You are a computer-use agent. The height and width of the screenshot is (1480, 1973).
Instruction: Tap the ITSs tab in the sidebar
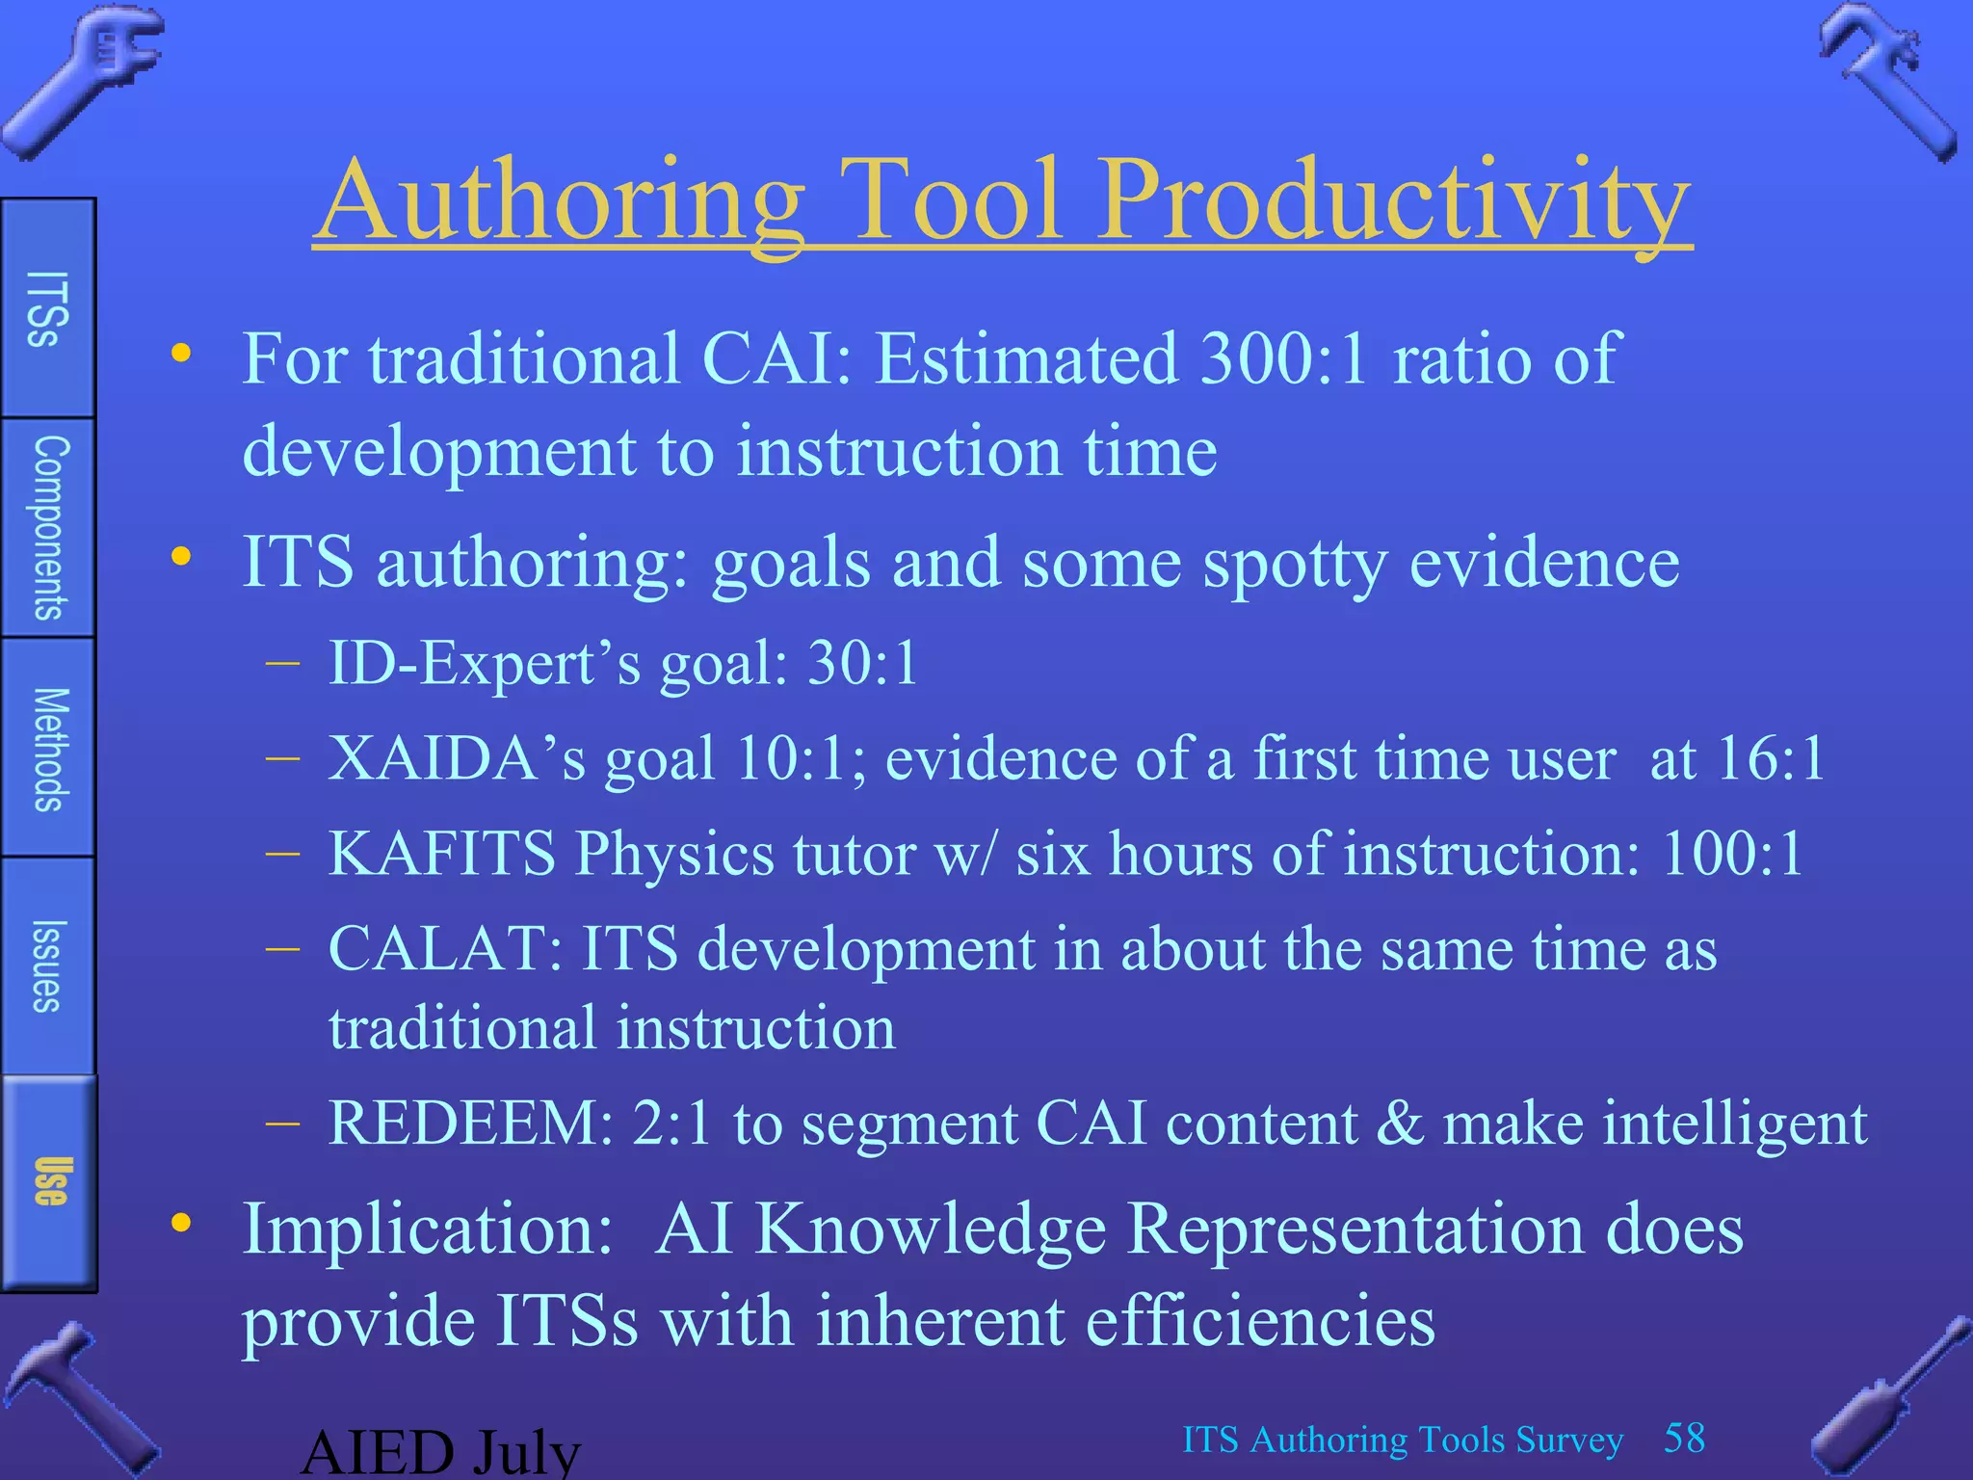[47, 307]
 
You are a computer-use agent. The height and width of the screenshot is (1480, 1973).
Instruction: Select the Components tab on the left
[49, 527]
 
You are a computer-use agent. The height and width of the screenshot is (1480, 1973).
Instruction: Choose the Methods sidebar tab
[49, 749]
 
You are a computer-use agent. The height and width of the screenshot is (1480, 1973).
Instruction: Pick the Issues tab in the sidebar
[47, 965]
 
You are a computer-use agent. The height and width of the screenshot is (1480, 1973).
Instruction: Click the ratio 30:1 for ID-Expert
[862, 664]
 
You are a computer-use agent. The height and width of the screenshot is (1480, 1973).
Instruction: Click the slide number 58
[1684, 1438]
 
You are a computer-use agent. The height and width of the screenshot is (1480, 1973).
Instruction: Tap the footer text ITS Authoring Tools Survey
[1402, 1440]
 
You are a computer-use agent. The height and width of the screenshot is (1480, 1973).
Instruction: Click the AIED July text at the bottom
[440, 1453]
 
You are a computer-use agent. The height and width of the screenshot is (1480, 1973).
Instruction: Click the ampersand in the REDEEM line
[1399, 1123]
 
